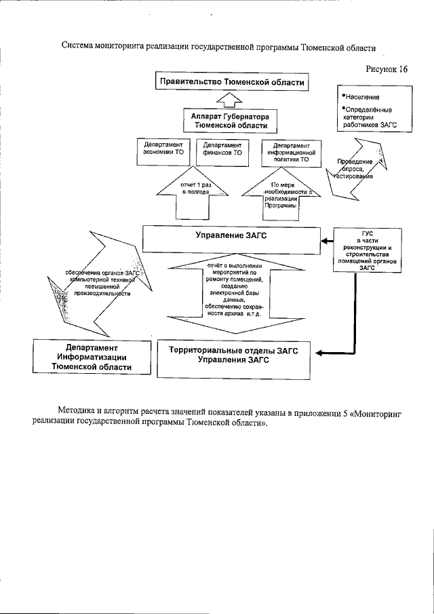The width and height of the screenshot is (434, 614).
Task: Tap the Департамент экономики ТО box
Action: [163, 154]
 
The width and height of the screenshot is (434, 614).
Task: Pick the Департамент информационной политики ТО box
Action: [290, 154]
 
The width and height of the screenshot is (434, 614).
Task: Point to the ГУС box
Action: [368, 250]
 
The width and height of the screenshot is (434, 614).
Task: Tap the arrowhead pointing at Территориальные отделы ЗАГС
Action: [320, 351]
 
